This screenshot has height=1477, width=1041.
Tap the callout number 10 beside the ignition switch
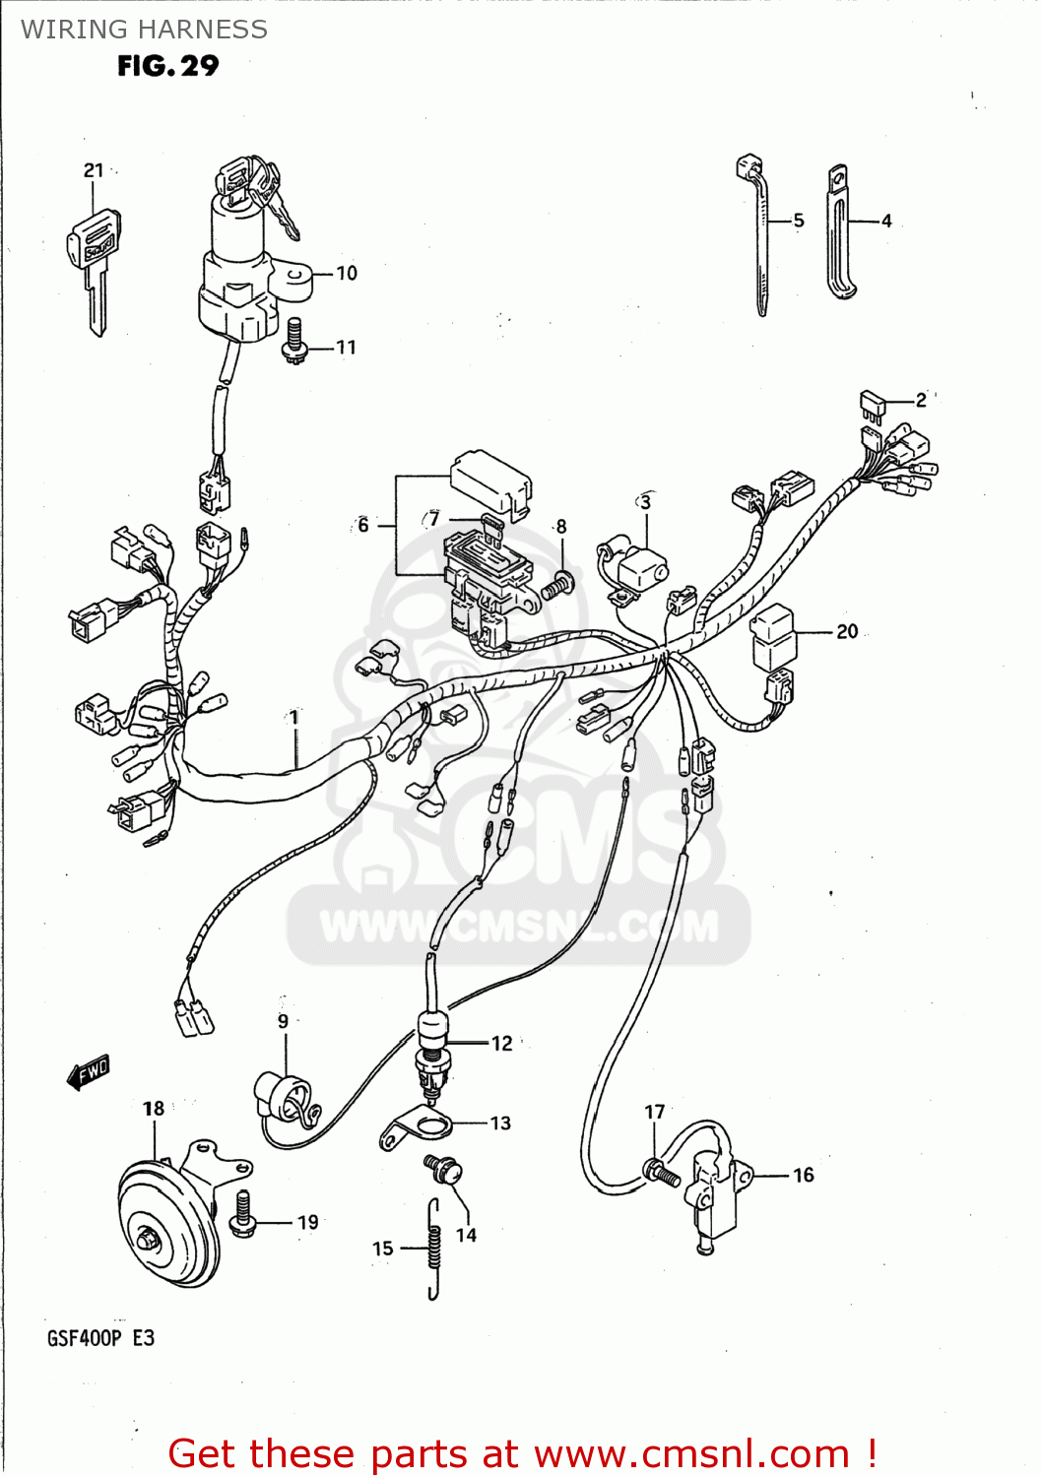347,274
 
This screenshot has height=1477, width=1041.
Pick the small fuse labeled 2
873,402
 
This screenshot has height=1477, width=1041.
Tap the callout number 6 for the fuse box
363,526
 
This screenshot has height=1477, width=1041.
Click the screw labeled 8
556,587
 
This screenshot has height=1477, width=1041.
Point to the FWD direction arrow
89,1072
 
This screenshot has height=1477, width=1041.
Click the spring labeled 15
433,1249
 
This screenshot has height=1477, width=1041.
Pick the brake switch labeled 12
433,1049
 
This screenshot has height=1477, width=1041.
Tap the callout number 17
655,1112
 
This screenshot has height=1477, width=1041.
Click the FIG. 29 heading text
168,66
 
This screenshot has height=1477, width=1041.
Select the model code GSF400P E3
100,1338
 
